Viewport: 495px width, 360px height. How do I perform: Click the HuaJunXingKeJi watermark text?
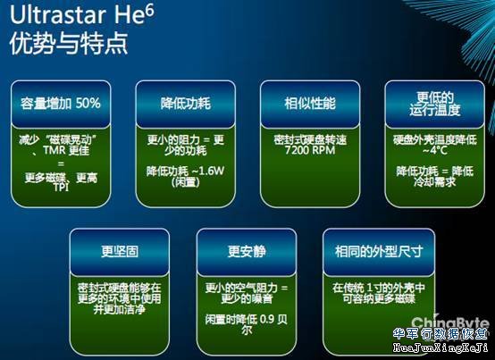coord(442,349)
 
